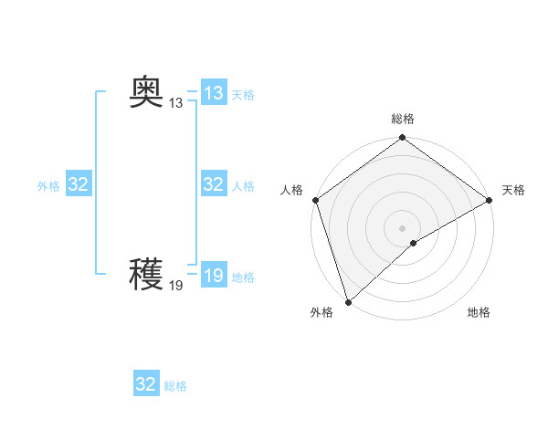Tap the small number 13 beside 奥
pos(176,103)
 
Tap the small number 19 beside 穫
pos(176,285)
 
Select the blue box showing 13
pos(214,93)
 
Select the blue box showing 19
pos(214,275)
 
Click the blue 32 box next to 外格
pos(78,184)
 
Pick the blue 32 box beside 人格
pos(214,184)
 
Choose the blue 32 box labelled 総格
pos(146,384)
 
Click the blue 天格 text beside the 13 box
pos(243,95)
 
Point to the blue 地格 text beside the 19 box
pos(243,277)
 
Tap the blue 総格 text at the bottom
pos(175,386)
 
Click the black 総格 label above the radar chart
pos(402,120)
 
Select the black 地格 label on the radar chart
pos(479,312)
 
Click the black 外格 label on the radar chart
pos(321,312)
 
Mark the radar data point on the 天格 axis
pos(489,200)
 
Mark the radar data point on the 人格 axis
pos(315,200)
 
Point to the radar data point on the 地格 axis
pos(413,243)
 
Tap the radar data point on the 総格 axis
pos(402,139)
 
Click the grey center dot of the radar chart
pos(402,228)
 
